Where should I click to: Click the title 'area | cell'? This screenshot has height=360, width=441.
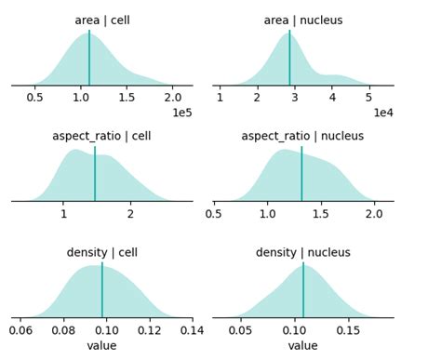pos(102,20)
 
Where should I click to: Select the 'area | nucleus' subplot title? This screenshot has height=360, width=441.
pos(302,20)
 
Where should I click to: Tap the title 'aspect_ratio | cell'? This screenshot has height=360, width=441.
pos(101,136)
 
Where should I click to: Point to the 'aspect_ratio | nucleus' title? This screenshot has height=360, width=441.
pos(302,136)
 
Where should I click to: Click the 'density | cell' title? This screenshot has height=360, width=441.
pos(101,252)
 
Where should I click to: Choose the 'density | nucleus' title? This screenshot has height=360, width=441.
pos(302,252)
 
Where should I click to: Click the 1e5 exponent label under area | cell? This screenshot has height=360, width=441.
pos(182,112)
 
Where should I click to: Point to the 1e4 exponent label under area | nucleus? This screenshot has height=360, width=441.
pos(383,112)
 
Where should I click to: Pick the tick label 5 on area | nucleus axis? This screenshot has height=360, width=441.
pos(369,97)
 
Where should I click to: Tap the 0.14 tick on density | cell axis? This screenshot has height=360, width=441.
pos(192,329)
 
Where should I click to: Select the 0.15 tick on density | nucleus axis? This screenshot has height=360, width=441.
pos(349,329)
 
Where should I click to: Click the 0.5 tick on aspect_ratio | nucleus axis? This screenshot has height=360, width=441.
pos(215,213)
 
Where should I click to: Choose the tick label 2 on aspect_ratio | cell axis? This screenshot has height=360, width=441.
pos(130,213)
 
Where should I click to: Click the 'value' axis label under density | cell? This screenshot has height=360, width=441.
pos(101,345)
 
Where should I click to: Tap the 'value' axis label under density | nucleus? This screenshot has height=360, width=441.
pos(302,345)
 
